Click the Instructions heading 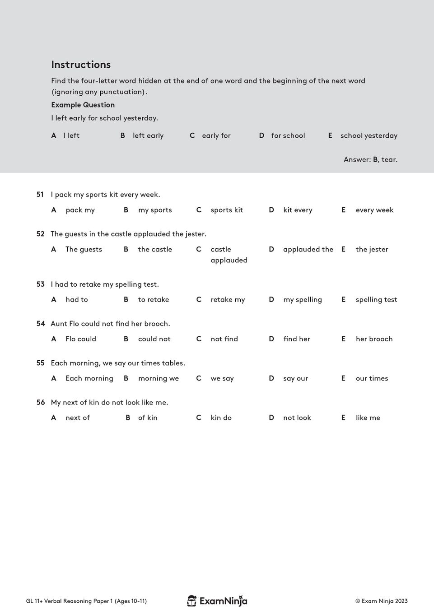(x=81, y=65)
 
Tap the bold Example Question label (x=83, y=105)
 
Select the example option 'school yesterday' (x=369, y=135)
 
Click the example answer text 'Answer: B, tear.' (x=370, y=159)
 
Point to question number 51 (x=40, y=195)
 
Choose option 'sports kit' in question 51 (x=226, y=210)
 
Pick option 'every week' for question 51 (x=374, y=210)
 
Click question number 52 (x=40, y=234)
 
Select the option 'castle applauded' (x=229, y=255)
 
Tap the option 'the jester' (x=372, y=249)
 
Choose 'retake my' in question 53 (x=228, y=299)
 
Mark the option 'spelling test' (x=376, y=299)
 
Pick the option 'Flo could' (x=81, y=339)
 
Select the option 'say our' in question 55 (x=295, y=378)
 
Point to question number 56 (x=40, y=402)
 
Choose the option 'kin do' (x=221, y=418)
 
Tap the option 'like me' (x=368, y=418)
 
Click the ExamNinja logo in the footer (x=217, y=601)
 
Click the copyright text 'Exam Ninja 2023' (x=382, y=601)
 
